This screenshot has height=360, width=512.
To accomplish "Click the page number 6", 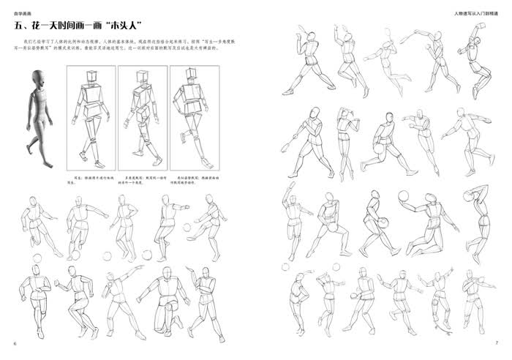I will point(15,344).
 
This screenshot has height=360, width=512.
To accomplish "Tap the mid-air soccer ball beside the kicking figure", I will point(186,227).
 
